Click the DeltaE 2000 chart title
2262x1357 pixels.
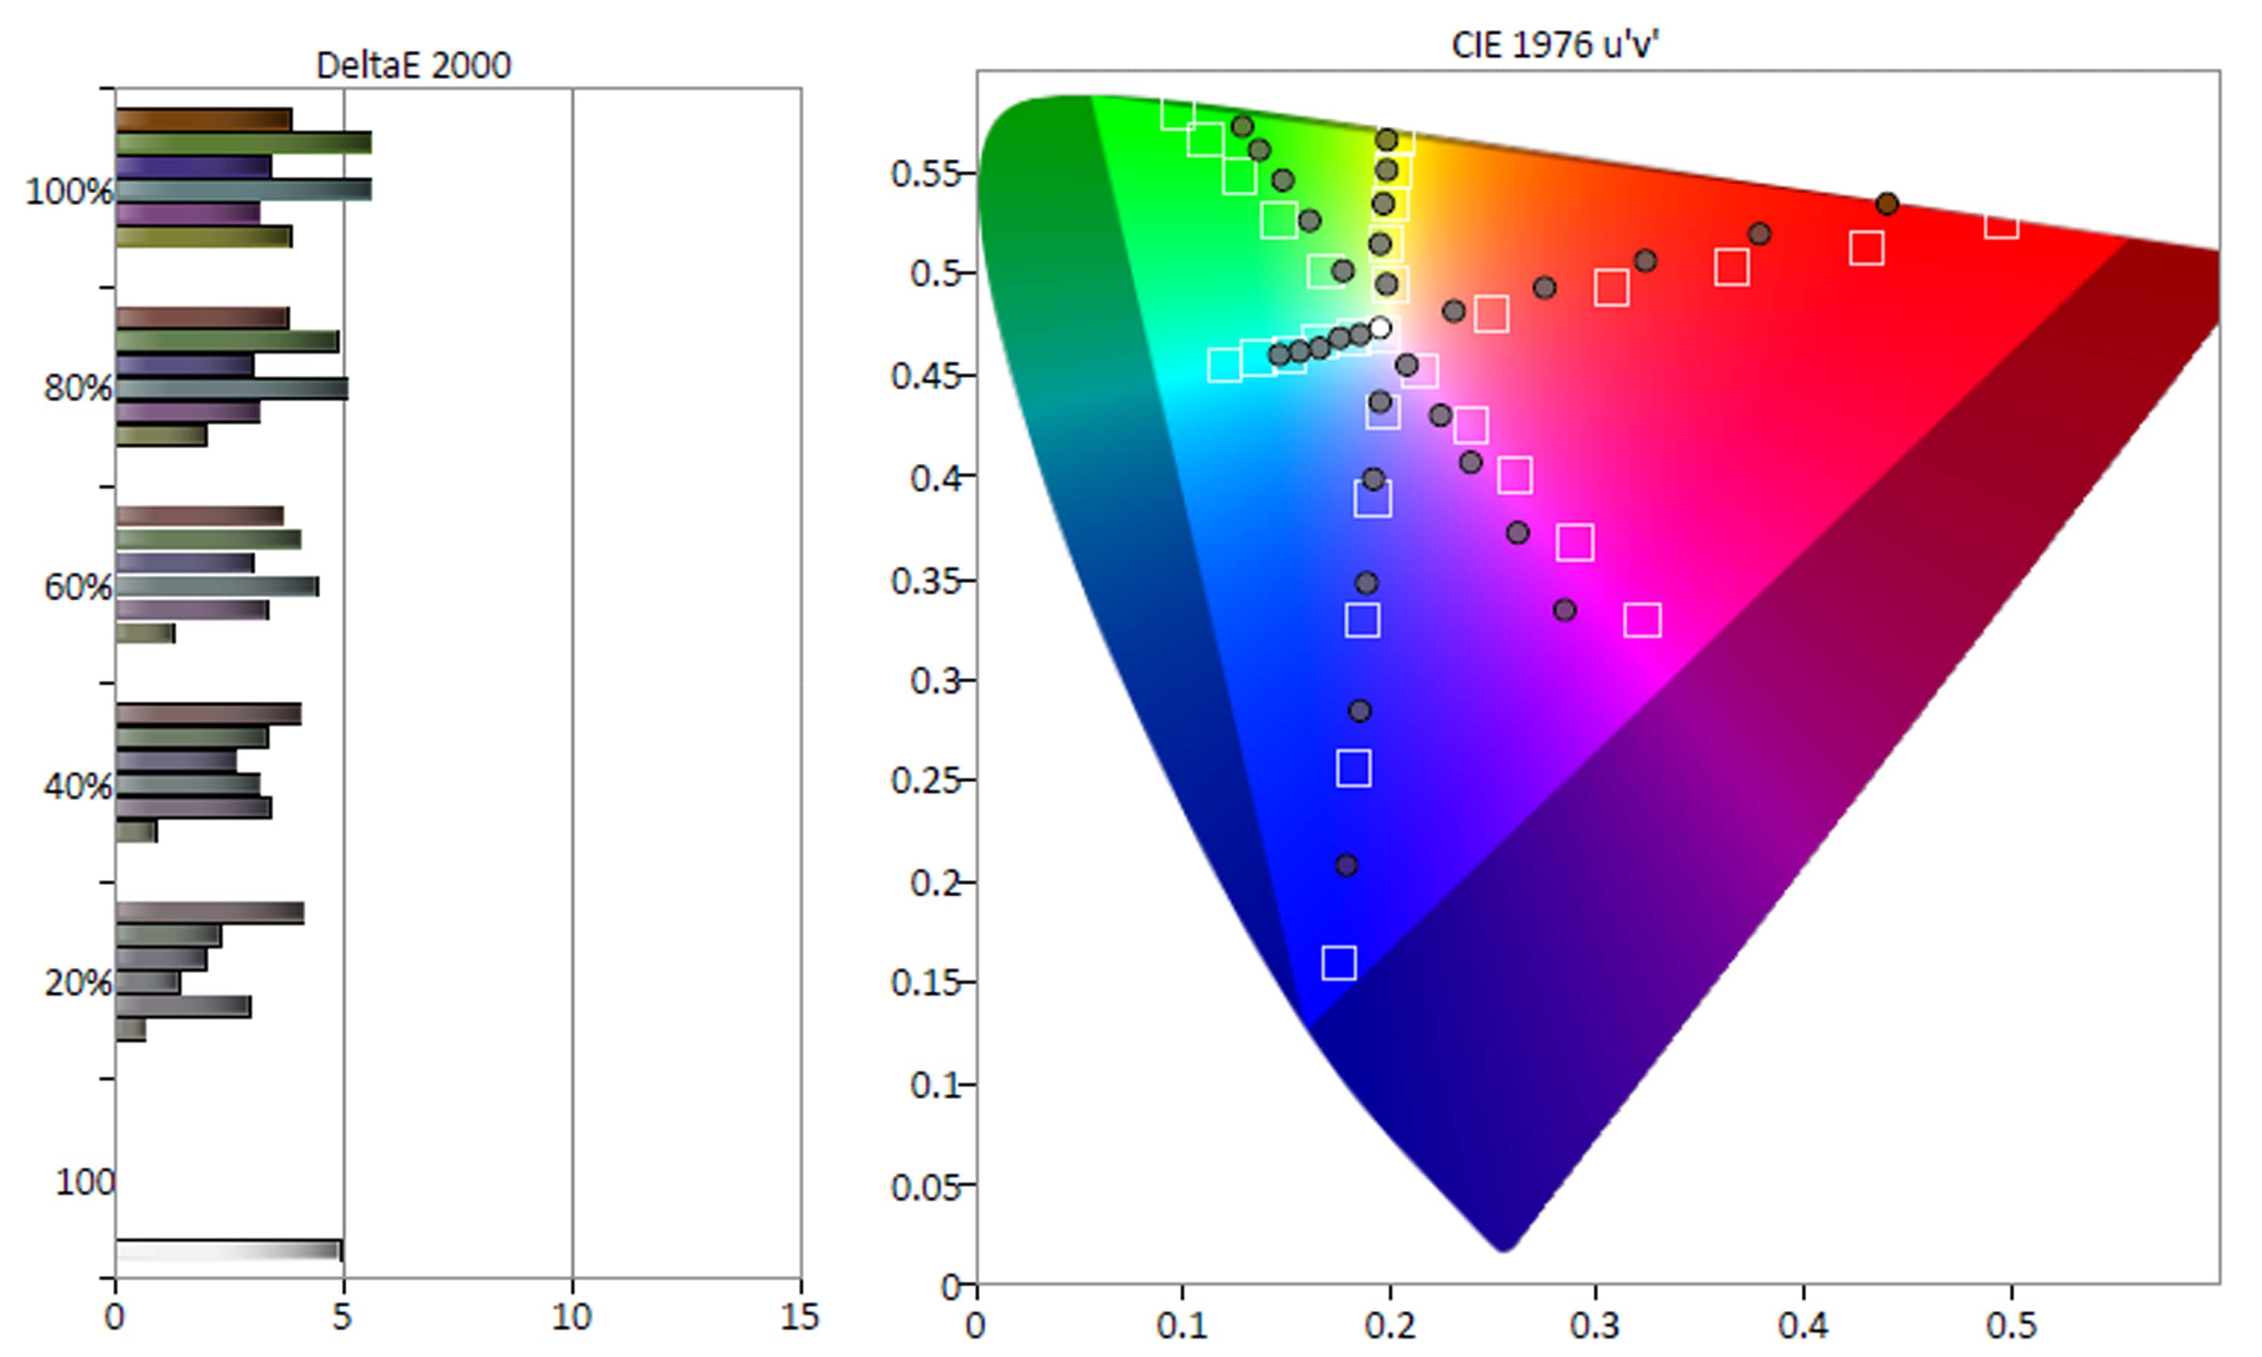[413, 65]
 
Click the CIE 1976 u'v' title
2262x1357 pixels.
[1554, 44]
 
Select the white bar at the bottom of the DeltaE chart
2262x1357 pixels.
[228, 1250]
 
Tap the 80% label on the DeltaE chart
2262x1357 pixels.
[78, 388]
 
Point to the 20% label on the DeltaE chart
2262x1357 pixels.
[78, 983]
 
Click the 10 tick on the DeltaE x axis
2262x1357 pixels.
[572, 1318]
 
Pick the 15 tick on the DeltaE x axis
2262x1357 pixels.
[800, 1318]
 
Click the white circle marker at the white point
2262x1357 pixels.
[1380, 327]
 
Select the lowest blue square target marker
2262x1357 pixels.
[1338, 962]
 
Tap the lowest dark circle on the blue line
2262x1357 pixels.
[1346, 864]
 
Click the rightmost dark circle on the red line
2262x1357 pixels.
[1887, 204]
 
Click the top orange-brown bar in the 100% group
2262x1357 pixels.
[204, 120]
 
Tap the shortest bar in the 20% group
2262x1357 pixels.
[130, 1030]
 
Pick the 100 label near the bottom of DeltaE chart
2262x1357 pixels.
[85, 1181]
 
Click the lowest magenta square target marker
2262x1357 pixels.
[1642, 620]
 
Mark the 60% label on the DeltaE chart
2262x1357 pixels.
[78, 587]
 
